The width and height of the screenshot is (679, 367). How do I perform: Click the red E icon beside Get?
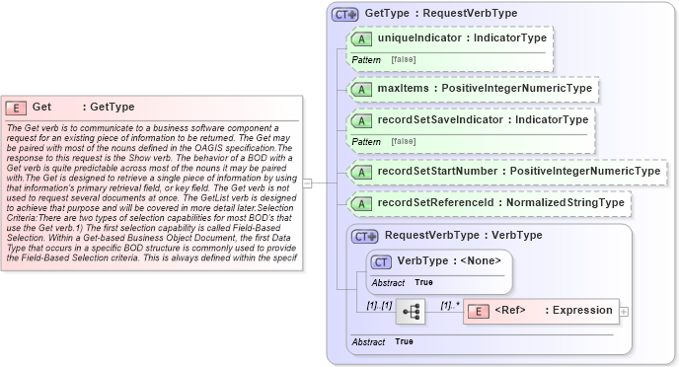coord(16,108)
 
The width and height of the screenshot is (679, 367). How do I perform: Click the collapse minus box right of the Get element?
coord(307,183)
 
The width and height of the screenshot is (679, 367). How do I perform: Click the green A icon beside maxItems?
coord(361,89)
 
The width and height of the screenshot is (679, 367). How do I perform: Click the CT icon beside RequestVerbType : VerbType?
coord(366,237)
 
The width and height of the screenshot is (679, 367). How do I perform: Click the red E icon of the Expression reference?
coord(478,311)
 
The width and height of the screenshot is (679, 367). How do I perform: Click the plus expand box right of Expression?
coord(624,311)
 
